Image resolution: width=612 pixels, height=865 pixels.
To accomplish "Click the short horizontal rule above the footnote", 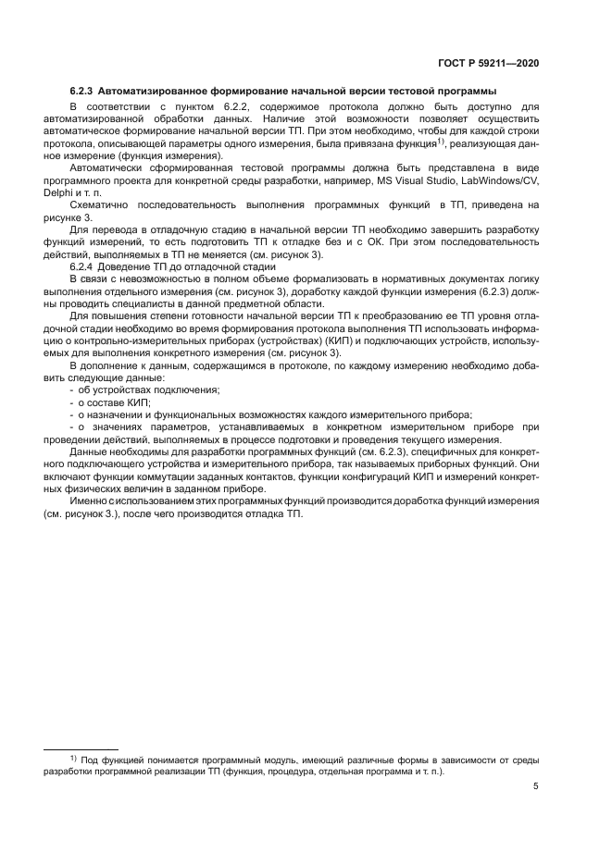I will pyautogui.click(x=81, y=748).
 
